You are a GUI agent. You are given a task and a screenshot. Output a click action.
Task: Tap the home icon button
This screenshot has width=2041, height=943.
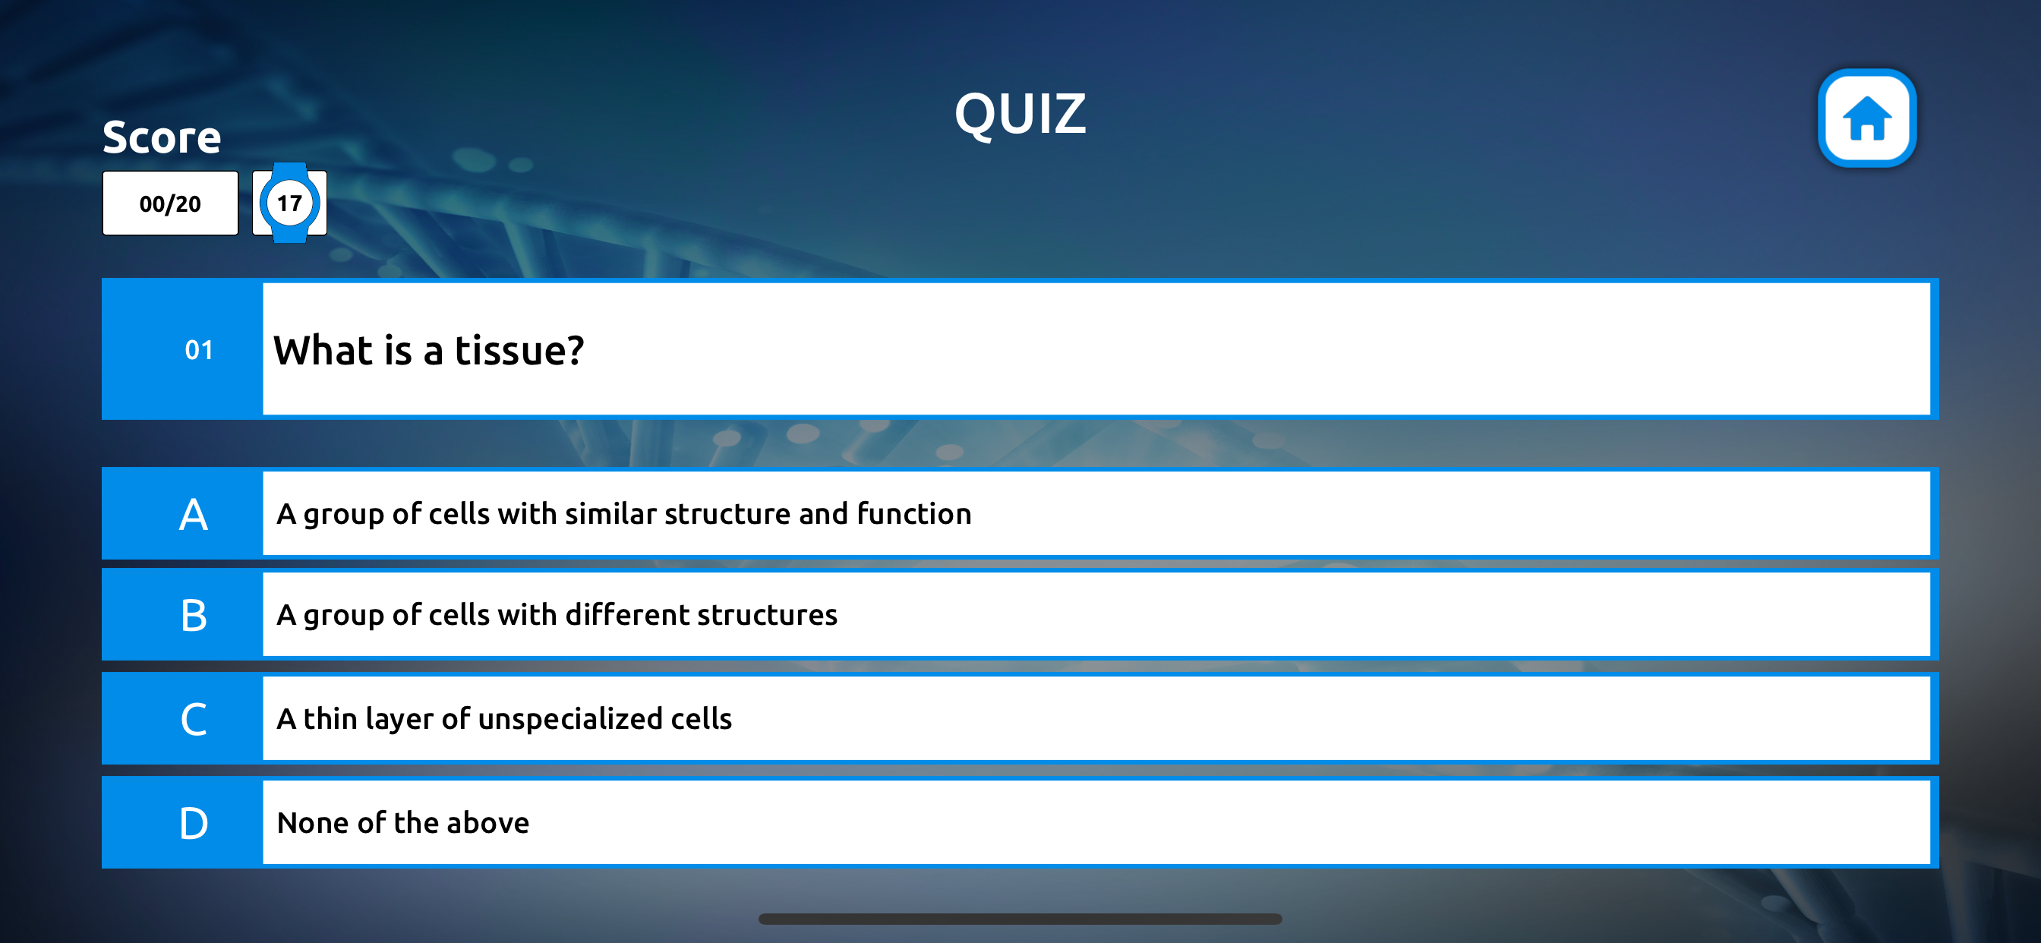pyautogui.click(x=1866, y=118)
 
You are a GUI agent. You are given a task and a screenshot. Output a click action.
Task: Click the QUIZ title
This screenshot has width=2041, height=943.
pyautogui.click(x=1020, y=114)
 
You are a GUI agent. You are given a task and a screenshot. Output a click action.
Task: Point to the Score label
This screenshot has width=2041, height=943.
pyautogui.click(x=162, y=137)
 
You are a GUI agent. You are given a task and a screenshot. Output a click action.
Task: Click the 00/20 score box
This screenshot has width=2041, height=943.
pyautogui.click(x=170, y=203)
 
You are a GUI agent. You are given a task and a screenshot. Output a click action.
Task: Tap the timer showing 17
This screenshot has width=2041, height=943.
pyautogui.click(x=289, y=203)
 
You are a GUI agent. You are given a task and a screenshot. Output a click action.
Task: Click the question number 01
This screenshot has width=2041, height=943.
pyautogui.click(x=199, y=349)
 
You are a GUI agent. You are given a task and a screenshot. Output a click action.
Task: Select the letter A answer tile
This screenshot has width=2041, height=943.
pyautogui.click(x=194, y=514)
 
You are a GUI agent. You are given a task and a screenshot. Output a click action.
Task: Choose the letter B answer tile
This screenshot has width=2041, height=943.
pyautogui.click(x=194, y=615)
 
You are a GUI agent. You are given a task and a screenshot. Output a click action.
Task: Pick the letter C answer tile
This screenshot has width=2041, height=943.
pyautogui.click(x=194, y=719)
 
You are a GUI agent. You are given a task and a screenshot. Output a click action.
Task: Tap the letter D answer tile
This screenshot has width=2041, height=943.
pyautogui.click(x=194, y=823)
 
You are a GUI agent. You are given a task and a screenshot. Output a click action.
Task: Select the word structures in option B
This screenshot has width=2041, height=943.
pyautogui.click(x=767, y=615)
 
